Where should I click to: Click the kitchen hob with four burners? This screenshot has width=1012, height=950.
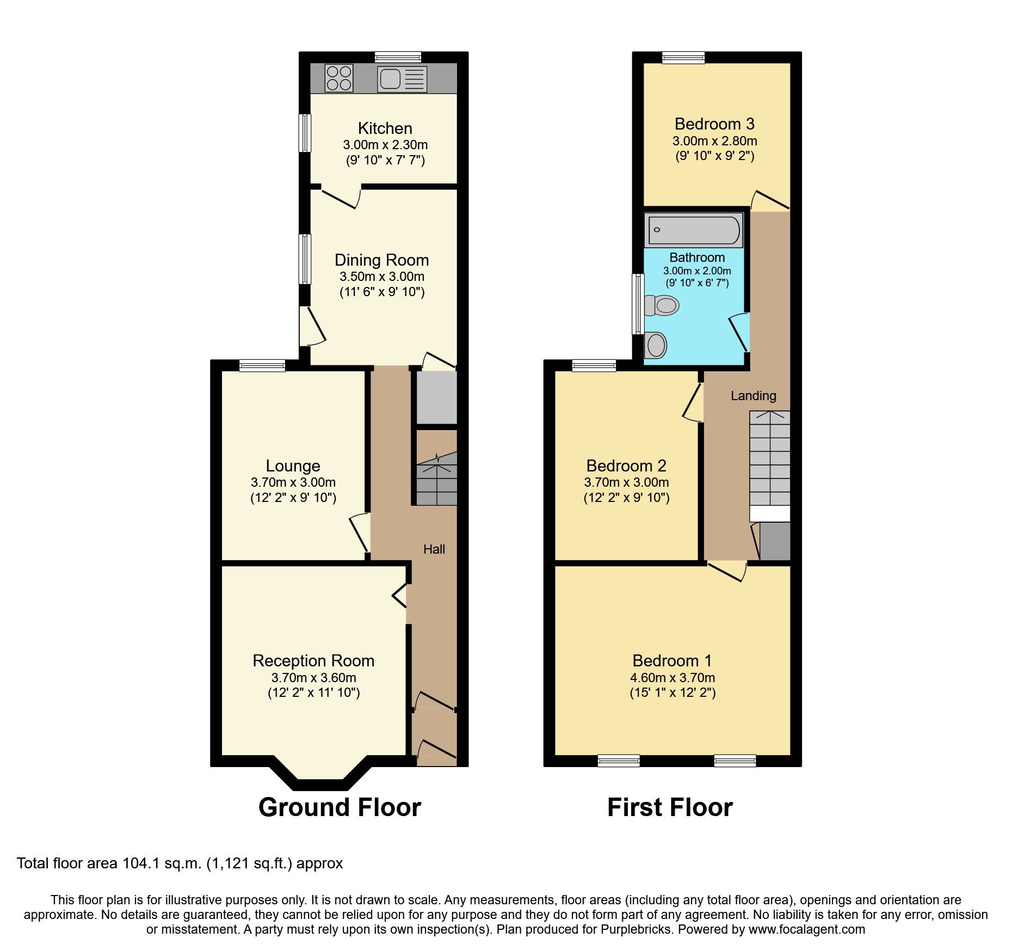click(x=338, y=78)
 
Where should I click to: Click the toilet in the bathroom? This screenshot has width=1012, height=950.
click(x=661, y=305)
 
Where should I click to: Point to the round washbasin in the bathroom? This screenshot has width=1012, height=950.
click(x=655, y=345)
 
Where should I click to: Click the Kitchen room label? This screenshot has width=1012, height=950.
click(x=385, y=128)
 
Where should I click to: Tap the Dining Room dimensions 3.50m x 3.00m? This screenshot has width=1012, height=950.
click(x=381, y=277)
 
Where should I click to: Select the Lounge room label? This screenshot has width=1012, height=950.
click(x=293, y=466)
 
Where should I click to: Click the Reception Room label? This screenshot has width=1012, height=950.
click(x=313, y=661)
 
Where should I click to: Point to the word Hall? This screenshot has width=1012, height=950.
click(x=434, y=549)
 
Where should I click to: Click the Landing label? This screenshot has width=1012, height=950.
click(x=753, y=396)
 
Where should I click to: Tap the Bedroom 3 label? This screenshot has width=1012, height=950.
click(x=714, y=124)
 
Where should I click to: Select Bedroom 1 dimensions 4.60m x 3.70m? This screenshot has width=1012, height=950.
click(x=672, y=678)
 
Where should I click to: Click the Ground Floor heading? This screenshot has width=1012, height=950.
click(x=340, y=807)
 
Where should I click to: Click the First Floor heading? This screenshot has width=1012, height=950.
click(x=670, y=807)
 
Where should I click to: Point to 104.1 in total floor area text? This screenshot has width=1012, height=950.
click(x=140, y=863)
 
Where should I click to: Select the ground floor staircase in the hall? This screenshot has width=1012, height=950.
click(x=436, y=479)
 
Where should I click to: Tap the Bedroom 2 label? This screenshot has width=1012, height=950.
click(x=626, y=466)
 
